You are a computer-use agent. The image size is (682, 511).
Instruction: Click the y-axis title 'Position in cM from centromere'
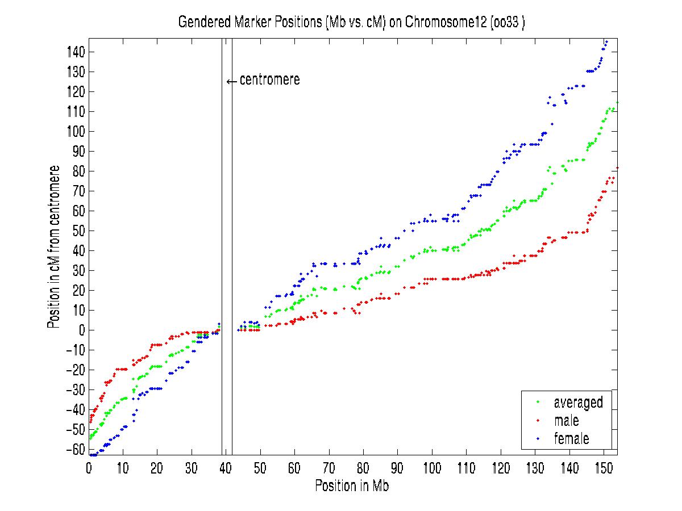[54, 247]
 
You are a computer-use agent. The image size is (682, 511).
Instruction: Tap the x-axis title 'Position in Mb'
[352, 486]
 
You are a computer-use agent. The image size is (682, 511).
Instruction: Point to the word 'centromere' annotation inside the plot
[269, 80]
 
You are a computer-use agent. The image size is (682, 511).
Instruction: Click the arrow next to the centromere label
[231, 81]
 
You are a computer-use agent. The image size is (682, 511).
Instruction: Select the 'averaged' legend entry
[578, 403]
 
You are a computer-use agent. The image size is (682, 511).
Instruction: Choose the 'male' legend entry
[566, 421]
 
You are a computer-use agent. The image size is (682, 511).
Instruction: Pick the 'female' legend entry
[571, 438]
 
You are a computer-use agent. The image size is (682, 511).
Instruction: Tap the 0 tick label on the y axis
[82, 330]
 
